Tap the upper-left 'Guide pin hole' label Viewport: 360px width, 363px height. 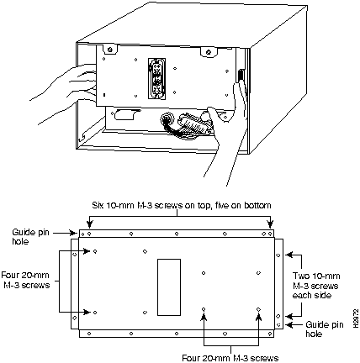[30, 237]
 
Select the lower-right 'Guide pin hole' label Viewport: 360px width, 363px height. [325, 329]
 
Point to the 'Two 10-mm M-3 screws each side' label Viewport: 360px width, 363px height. [315, 286]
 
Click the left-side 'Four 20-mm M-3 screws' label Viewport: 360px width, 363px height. [25, 280]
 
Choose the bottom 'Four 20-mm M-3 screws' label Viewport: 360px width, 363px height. [230, 358]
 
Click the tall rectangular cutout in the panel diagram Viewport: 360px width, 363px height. [168, 287]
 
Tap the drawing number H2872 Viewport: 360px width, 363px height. [356, 318]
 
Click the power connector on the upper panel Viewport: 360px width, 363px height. [156, 78]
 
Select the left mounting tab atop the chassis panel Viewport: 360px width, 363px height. [110, 50]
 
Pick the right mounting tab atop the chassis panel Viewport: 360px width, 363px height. [209, 52]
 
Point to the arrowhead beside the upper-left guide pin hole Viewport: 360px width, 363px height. [73, 233]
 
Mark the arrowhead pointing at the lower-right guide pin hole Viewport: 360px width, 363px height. [289, 325]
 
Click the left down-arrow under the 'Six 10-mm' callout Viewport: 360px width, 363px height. [89, 224]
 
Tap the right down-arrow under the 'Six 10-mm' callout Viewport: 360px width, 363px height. [270, 224]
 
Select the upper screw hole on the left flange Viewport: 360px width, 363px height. [74, 255]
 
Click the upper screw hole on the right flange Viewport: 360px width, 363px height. [278, 255]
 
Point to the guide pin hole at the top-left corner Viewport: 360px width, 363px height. [82, 234]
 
